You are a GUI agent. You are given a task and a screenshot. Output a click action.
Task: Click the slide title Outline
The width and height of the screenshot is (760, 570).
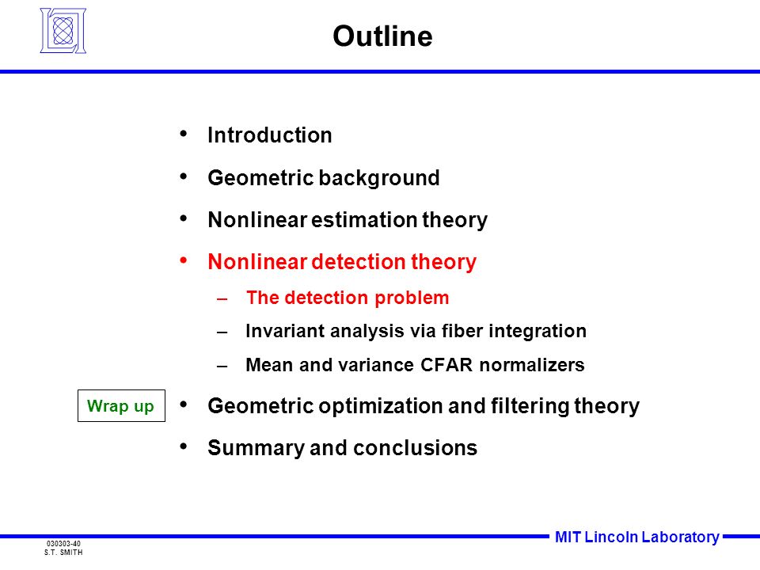coord(382,36)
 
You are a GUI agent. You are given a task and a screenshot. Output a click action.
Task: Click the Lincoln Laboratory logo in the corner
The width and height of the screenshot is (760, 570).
coord(63,31)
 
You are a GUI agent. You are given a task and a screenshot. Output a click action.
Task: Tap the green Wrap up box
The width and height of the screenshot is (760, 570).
coord(121,405)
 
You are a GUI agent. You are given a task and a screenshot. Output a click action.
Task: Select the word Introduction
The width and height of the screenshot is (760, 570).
coord(269,135)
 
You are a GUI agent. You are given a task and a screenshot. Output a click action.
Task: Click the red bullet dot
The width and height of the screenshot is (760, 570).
coord(183,260)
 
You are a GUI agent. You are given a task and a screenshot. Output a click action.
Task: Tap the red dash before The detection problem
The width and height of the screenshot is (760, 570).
coord(222,298)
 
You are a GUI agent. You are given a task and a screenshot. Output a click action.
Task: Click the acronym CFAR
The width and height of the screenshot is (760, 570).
coord(446,364)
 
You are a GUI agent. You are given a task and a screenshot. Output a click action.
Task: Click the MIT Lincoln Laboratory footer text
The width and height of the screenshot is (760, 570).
coord(636,537)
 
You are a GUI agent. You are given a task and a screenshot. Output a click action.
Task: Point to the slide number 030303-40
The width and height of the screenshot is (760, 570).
coord(63,544)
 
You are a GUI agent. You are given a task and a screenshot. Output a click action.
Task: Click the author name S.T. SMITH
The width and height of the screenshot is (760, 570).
coord(63,553)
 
